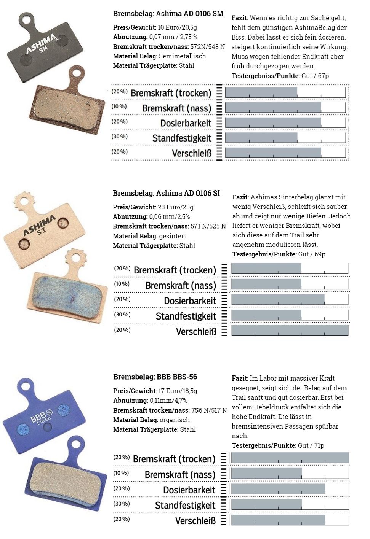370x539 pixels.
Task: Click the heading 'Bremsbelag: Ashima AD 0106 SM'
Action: (168, 14)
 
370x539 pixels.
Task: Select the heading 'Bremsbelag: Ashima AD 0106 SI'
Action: (166, 193)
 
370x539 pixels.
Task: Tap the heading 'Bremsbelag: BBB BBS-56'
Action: (155, 377)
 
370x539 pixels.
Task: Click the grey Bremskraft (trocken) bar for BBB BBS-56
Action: (290, 458)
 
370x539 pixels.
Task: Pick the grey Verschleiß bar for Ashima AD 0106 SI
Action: (290, 331)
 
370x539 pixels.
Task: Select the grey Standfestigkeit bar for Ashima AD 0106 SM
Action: (261, 138)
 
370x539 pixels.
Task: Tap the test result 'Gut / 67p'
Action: (315, 76)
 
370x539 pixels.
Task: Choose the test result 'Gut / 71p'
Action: (311, 445)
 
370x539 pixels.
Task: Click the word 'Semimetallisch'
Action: (182, 56)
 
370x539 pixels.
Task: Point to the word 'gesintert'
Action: (173, 236)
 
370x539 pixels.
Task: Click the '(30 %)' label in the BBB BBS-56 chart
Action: (122, 504)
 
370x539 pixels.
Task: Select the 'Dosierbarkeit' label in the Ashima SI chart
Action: (190, 301)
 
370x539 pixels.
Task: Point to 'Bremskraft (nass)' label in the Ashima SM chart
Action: (176, 108)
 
